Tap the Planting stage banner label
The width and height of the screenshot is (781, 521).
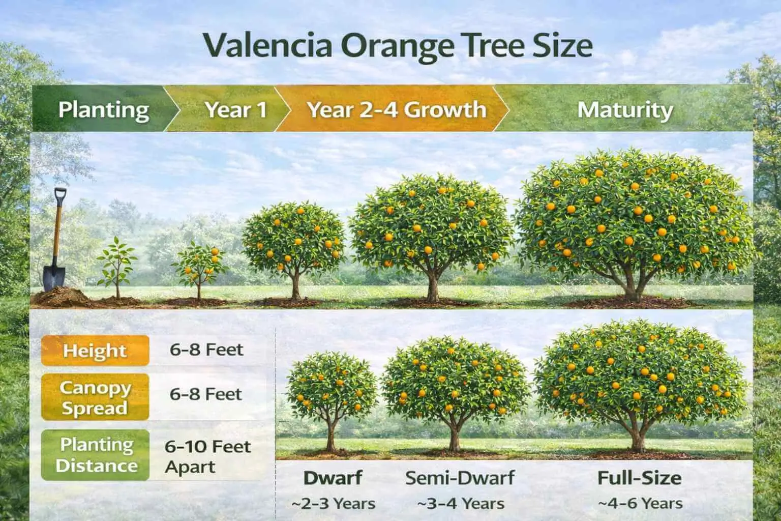pyautogui.click(x=104, y=110)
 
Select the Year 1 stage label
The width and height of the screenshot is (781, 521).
pyautogui.click(x=235, y=110)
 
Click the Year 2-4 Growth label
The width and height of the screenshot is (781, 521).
pyautogui.click(x=397, y=110)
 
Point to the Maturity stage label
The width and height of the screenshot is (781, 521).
pyautogui.click(x=625, y=110)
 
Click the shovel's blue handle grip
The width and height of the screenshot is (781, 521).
pyautogui.click(x=60, y=196)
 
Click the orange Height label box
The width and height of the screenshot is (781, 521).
pyautogui.click(x=95, y=351)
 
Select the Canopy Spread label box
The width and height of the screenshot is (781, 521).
pyautogui.click(x=95, y=397)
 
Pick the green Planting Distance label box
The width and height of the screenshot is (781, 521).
pyautogui.click(x=96, y=455)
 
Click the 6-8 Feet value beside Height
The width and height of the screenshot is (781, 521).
pyautogui.click(x=206, y=350)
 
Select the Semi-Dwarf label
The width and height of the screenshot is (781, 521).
pyautogui.click(x=460, y=478)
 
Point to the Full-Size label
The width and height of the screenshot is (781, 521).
pyautogui.click(x=639, y=478)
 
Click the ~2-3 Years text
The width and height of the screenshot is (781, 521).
pyautogui.click(x=333, y=504)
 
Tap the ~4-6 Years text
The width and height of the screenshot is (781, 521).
pyautogui.click(x=640, y=504)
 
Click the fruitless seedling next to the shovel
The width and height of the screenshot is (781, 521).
pyautogui.click(x=117, y=267)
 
